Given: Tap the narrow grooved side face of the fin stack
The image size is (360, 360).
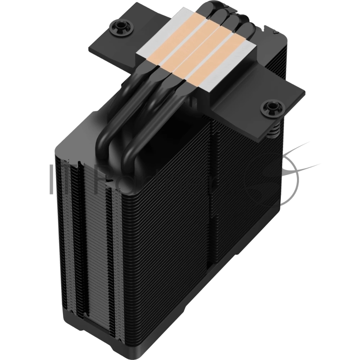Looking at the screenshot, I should click(81, 234).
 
